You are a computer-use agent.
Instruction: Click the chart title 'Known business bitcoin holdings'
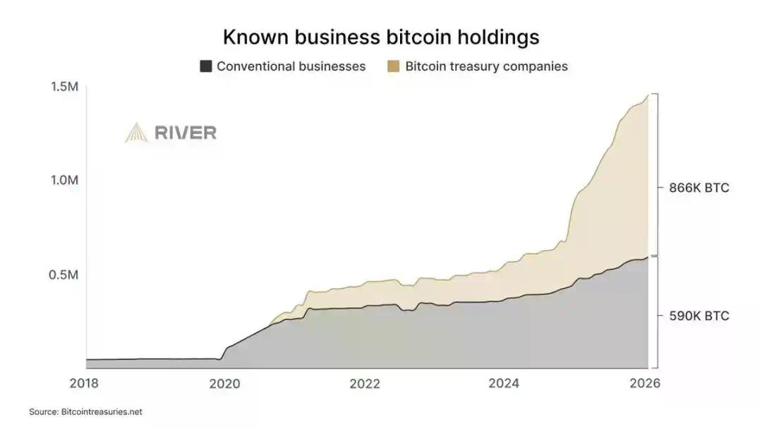click(381, 37)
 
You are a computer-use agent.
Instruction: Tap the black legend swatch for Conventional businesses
click(206, 66)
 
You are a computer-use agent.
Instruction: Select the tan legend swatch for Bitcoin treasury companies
click(394, 66)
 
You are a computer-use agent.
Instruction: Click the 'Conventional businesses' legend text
click(291, 66)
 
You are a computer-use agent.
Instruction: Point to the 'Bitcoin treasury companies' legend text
click(486, 66)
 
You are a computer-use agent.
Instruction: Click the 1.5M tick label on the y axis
click(64, 86)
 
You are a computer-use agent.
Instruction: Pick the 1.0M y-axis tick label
click(64, 180)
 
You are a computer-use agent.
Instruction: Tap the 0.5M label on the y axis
click(64, 274)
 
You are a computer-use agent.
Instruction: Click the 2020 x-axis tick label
click(225, 384)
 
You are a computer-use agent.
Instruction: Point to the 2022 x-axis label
click(365, 384)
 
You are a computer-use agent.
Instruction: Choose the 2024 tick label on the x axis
click(504, 384)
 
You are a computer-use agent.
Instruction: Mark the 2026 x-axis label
click(643, 384)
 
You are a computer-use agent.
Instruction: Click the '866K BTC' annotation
click(698, 188)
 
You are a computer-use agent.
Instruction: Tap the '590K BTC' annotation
click(698, 315)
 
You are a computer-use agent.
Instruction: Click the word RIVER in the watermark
click(185, 133)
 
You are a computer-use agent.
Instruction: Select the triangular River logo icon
click(136, 133)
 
